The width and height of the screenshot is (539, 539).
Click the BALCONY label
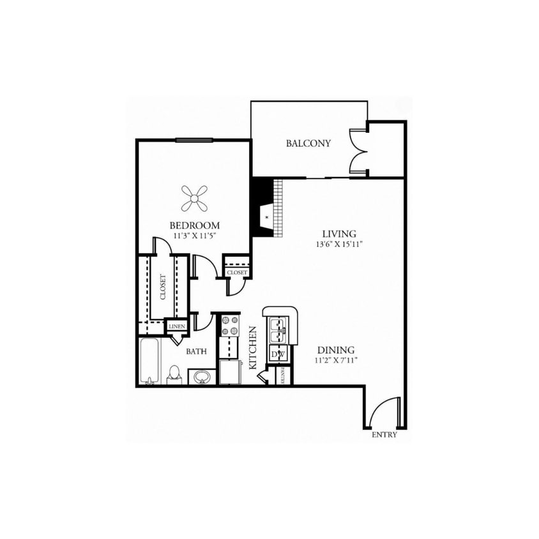(x=308, y=143)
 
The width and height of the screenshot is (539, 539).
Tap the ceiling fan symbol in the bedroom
(x=195, y=198)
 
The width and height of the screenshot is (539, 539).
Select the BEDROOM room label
(x=195, y=225)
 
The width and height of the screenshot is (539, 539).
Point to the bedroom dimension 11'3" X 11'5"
(x=195, y=236)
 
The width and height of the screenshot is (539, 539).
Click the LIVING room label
(x=338, y=234)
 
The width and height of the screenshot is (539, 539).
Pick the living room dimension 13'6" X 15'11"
(x=338, y=244)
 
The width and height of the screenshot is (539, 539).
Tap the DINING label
(x=336, y=350)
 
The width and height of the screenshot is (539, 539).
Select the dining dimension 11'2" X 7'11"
(x=336, y=360)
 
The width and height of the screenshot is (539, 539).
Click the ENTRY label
(x=384, y=435)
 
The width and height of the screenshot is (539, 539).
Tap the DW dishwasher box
(x=278, y=354)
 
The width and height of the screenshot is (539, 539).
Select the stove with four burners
(x=229, y=326)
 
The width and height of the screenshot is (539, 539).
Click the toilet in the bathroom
(x=175, y=375)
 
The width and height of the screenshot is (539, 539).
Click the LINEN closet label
(x=176, y=326)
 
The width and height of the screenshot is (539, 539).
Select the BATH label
(x=195, y=351)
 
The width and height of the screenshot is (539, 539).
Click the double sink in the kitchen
(x=278, y=329)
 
